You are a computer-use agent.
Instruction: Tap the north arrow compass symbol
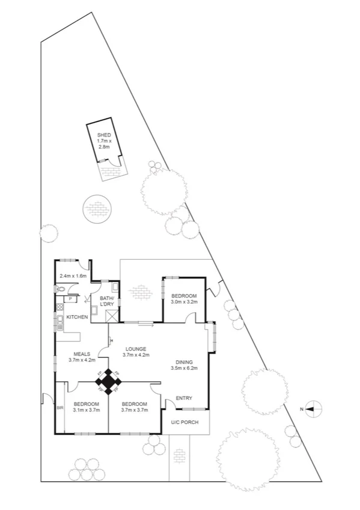pos(310,409)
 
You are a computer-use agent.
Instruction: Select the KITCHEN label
pos(78,317)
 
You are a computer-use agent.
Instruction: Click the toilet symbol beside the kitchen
pos(60,289)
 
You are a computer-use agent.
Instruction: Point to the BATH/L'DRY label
pos(107,302)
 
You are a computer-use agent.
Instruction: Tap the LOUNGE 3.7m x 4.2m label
pos(136,352)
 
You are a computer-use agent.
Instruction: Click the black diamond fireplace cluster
pos(108,381)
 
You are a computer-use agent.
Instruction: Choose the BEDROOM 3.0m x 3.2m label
pos(184,299)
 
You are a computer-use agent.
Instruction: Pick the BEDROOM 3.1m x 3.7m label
pos(86,407)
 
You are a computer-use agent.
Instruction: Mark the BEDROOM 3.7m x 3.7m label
pos(134,407)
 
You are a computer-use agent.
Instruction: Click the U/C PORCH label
pos(186,422)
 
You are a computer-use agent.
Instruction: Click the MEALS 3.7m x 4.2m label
pos(82,357)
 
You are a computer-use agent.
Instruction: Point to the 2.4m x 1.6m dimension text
pos(73,276)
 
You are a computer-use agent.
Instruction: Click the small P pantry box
pos(70,298)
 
